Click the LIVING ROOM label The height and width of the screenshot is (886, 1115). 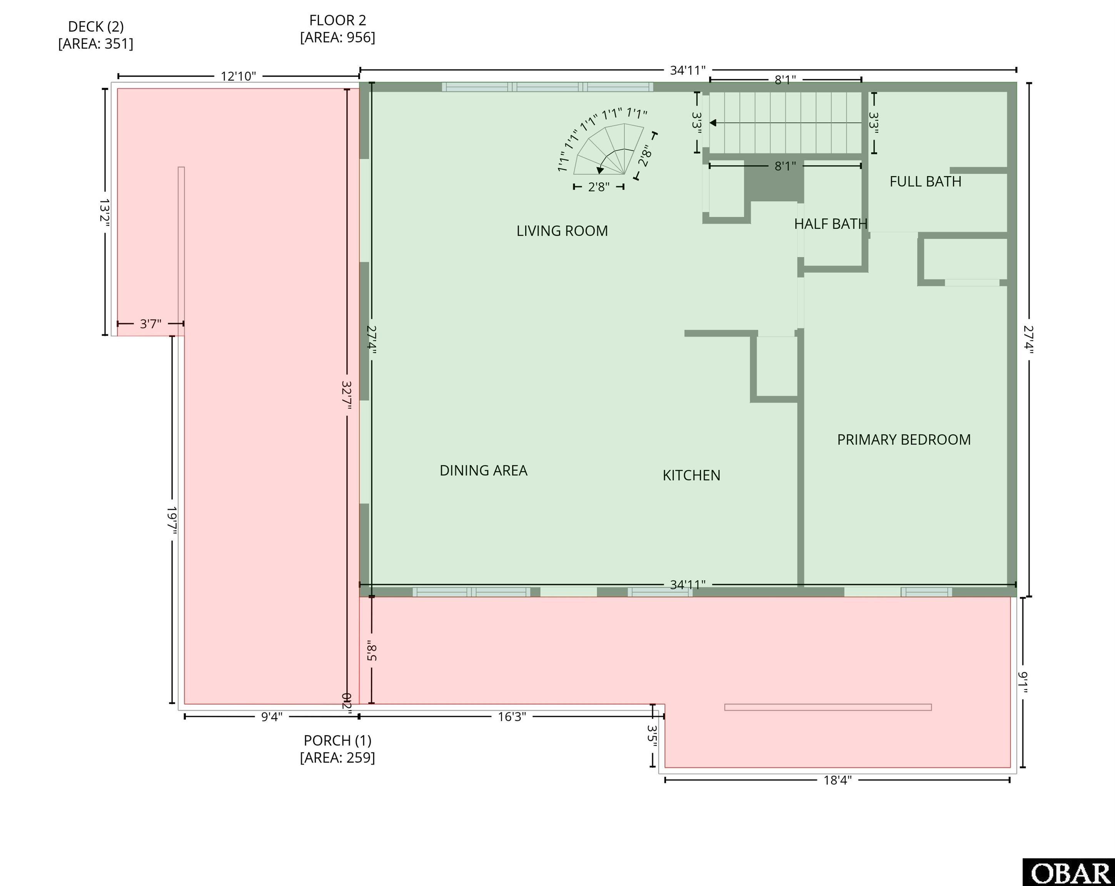[x=562, y=231]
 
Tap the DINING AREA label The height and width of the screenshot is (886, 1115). [x=484, y=470]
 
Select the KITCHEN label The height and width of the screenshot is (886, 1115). [x=691, y=475]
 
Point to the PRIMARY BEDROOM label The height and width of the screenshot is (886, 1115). [x=904, y=440]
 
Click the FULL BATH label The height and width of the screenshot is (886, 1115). [x=926, y=182]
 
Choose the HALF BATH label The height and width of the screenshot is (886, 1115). [x=831, y=224]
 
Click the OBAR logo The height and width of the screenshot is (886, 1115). [x=1069, y=873]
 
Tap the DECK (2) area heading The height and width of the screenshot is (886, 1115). [x=96, y=35]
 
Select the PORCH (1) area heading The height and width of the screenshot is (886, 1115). [x=338, y=748]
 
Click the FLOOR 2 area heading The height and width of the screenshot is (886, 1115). [x=338, y=28]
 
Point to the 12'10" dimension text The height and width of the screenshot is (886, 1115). [x=239, y=77]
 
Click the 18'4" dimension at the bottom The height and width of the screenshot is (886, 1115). [x=837, y=780]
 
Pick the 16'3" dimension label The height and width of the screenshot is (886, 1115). [x=512, y=716]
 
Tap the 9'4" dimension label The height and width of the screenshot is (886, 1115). [x=272, y=717]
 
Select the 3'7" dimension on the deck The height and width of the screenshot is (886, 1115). [x=150, y=324]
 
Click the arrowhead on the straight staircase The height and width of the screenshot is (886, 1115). [x=713, y=123]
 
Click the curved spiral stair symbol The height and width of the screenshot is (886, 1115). [x=609, y=149]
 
